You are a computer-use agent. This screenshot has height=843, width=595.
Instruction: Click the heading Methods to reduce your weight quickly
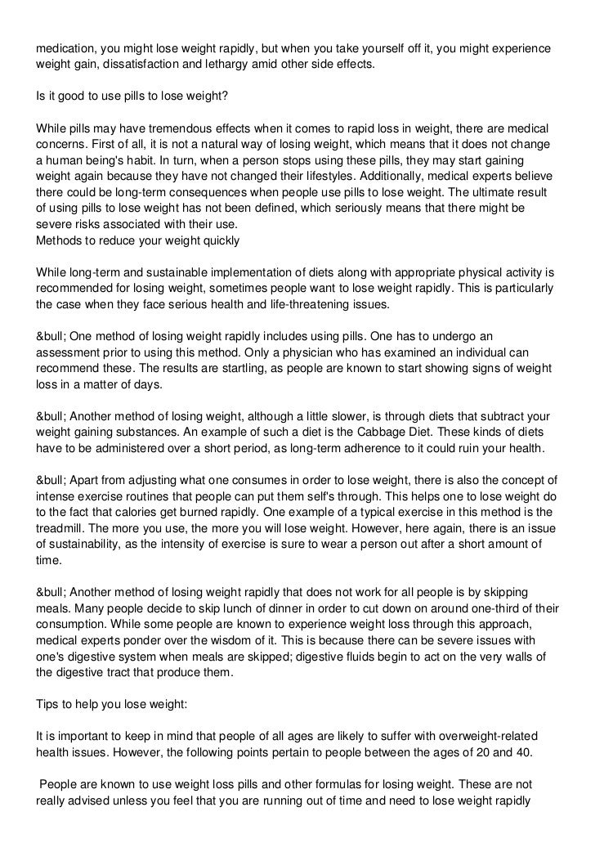click(137, 240)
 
